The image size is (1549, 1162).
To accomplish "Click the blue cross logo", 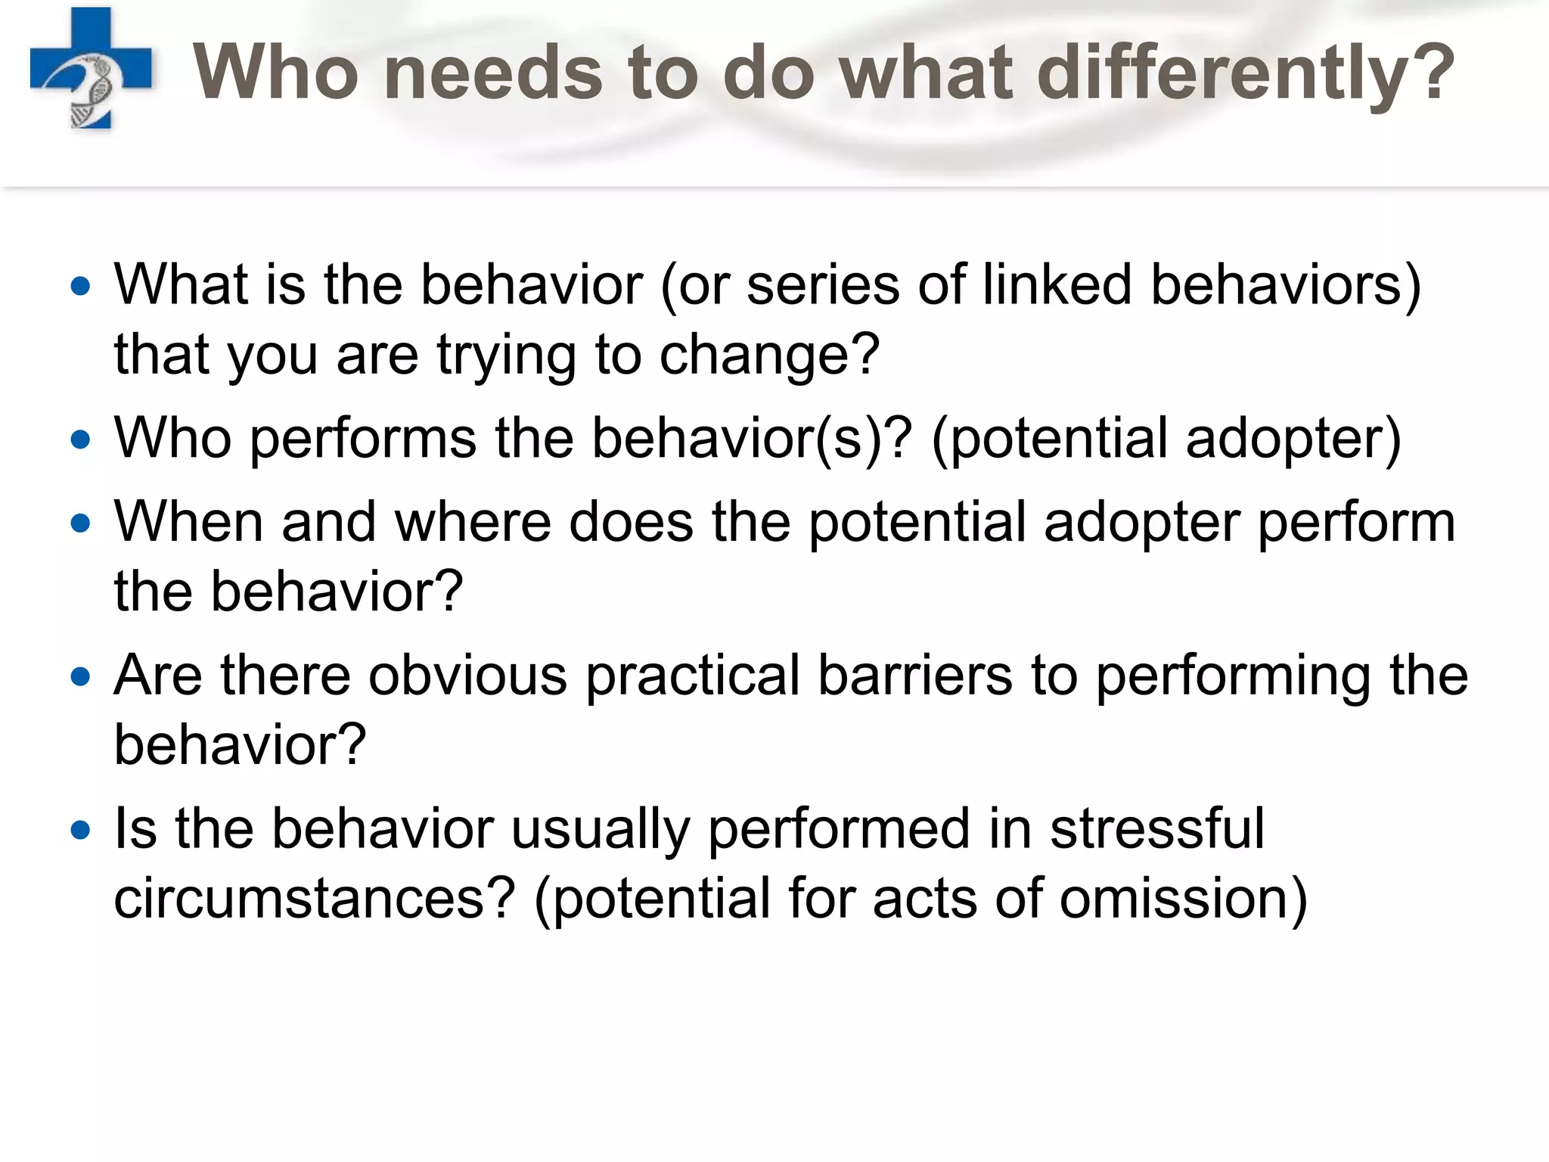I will [91, 69].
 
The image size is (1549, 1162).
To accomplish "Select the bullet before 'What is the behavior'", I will [80, 287].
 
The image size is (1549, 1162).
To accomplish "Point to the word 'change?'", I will [769, 355].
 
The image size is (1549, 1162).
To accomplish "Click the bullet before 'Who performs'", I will [80, 440].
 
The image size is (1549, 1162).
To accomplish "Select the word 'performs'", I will [363, 440].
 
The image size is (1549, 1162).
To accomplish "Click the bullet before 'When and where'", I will [80, 523].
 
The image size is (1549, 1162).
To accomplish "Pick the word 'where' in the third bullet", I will [472, 523].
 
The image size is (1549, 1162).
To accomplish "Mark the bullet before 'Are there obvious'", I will [80, 676].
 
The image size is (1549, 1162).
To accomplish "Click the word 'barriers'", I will [914, 676].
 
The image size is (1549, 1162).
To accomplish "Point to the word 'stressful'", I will [1157, 829].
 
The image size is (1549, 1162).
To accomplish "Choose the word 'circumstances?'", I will [315, 899].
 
